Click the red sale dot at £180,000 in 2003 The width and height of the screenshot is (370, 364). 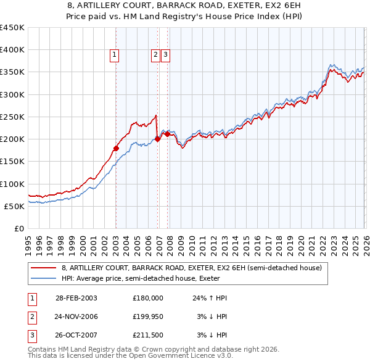(x=116, y=148)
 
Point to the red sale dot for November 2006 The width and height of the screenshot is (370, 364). (x=157, y=139)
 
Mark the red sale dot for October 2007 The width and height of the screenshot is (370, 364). (x=167, y=134)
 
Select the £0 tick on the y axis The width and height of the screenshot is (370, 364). (x=19, y=228)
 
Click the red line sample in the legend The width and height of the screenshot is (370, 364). (x=44, y=268)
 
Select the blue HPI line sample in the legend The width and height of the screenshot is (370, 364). (x=44, y=279)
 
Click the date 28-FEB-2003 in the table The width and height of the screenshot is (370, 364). (x=76, y=297)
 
